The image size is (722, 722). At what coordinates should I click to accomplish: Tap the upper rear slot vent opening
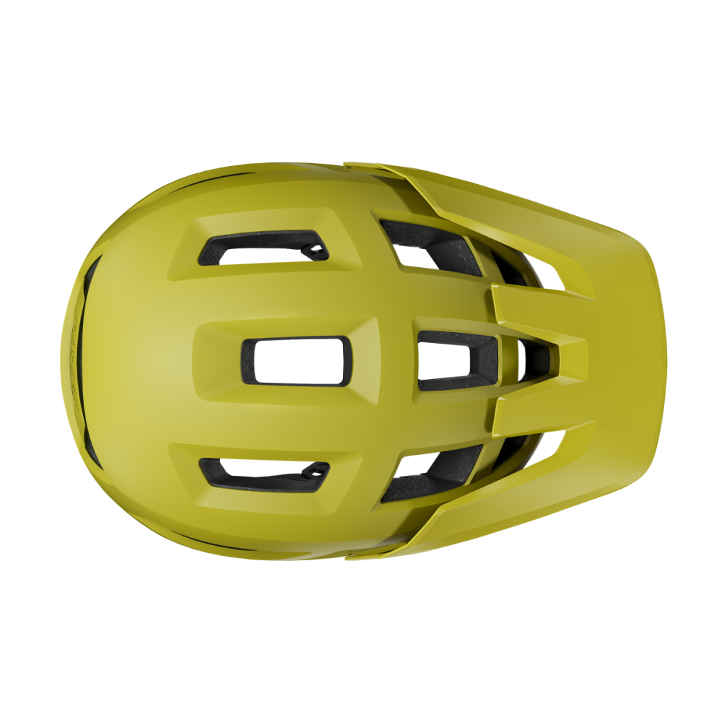click(x=264, y=248)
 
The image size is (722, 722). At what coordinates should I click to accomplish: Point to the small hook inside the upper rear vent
click(x=316, y=250)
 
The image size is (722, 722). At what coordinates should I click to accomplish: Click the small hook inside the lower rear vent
click(x=316, y=472)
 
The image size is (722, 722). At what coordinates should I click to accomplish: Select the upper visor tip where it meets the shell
click(x=354, y=165)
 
